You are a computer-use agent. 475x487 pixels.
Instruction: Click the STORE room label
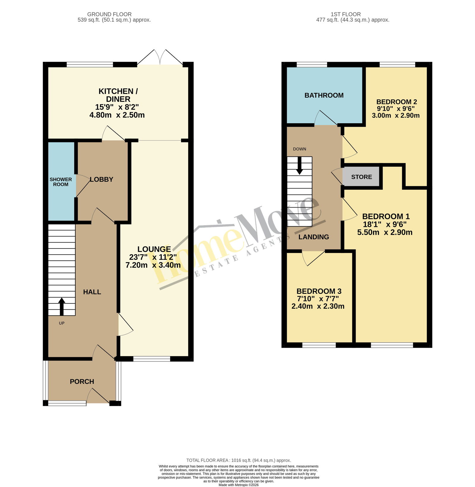click(x=361, y=177)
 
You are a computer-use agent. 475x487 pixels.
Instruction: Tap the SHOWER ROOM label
click(x=61, y=182)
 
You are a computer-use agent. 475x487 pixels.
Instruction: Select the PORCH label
click(x=82, y=382)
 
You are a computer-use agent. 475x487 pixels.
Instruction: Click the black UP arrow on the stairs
click(x=62, y=306)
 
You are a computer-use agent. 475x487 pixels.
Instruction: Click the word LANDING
click(x=314, y=237)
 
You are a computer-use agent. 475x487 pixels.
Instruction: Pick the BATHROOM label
click(x=324, y=95)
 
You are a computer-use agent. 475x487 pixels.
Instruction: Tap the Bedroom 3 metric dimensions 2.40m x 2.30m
click(x=318, y=306)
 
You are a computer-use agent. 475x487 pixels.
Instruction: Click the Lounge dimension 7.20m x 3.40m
click(x=153, y=265)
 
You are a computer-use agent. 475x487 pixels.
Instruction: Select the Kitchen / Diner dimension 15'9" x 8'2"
click(x=117, y=107)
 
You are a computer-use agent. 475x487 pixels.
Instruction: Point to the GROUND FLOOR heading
click(x=109, y=14)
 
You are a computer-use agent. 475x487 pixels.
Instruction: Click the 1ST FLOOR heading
click(x=346, y=14)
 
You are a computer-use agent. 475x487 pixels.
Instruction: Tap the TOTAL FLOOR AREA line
click(x=239, y=460)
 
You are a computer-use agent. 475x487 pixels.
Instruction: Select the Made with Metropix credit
click(x=239, y=485)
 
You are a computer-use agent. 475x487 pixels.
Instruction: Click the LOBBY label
click(x=102, y=179)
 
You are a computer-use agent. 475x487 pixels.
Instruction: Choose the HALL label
click(x=92, y=292)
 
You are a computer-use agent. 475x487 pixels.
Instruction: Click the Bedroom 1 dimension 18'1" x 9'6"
click(x=385, y=224)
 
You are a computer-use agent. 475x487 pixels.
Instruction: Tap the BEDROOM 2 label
click(x=397, y=102)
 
